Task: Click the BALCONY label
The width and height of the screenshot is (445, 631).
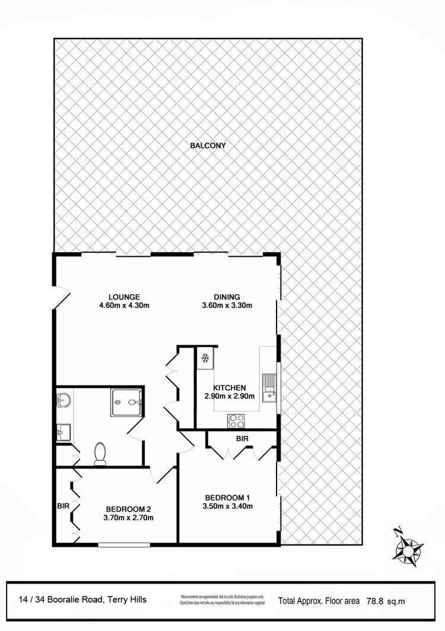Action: coord(208,145)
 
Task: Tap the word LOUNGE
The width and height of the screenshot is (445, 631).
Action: coord(124,297)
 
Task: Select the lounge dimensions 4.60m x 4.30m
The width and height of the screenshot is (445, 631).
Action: coord(124,306)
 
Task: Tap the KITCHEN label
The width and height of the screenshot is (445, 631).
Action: coord(230,388)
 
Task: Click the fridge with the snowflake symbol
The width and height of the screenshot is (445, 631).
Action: coord(205,359)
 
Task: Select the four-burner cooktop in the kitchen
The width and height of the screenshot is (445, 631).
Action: coord(236,420)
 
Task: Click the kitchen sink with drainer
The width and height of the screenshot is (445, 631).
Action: coord(271,386)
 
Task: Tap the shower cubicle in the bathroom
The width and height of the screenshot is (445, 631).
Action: coord(126,402)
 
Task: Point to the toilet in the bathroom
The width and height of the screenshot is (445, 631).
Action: coord(100,454)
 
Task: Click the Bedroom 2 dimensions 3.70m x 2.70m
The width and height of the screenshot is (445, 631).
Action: coord(129,517)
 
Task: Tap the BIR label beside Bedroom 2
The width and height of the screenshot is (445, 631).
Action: coord(63,507)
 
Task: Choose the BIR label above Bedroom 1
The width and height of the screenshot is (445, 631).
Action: coord(241,439)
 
